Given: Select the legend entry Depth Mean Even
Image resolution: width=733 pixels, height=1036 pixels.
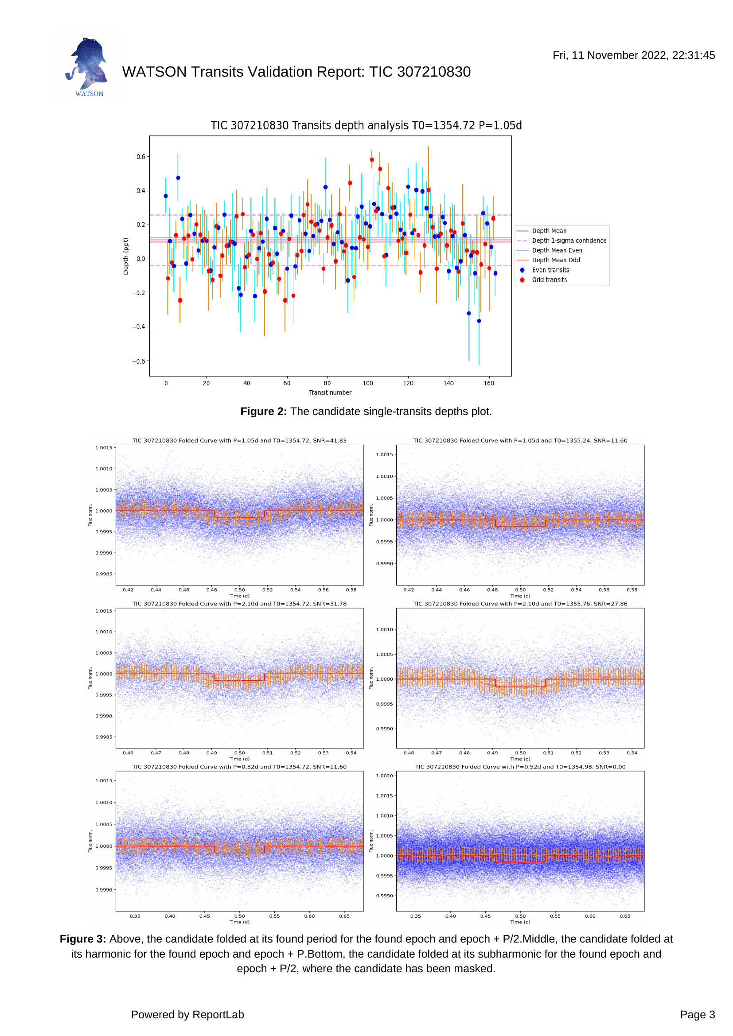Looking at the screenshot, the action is (557, 250).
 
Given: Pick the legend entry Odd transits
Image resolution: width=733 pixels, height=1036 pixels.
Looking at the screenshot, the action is (549, 280).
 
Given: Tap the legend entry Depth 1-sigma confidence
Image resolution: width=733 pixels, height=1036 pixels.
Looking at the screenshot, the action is (569, 241).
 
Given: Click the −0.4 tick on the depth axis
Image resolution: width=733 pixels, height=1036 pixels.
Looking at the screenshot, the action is (139, 327).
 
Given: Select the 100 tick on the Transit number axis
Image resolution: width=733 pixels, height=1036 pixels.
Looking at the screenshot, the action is (368, 383).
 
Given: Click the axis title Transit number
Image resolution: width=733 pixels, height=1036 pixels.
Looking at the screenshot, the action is (330, 392).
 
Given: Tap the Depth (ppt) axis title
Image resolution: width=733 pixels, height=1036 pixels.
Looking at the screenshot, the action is (126, 256).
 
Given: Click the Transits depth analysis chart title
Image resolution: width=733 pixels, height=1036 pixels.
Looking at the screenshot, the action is (366, 125).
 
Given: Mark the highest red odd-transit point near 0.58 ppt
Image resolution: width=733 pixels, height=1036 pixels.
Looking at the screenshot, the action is (372, 160).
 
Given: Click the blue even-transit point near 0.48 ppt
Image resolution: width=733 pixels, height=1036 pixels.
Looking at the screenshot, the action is (178, 178).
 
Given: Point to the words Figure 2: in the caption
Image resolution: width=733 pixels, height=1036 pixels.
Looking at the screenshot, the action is (264, 411).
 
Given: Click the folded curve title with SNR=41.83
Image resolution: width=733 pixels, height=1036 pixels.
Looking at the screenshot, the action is (240, 440).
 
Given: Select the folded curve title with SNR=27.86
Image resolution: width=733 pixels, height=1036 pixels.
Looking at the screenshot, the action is (520, 603).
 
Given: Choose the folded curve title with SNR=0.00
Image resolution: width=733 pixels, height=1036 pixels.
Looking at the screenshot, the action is (520, 767).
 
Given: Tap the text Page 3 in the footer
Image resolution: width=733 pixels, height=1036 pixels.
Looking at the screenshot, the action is (698, 1014).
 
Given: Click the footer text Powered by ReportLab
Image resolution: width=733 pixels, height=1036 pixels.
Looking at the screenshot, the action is (187, 1014).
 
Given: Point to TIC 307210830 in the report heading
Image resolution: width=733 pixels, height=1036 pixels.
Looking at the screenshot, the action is (420, 72).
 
